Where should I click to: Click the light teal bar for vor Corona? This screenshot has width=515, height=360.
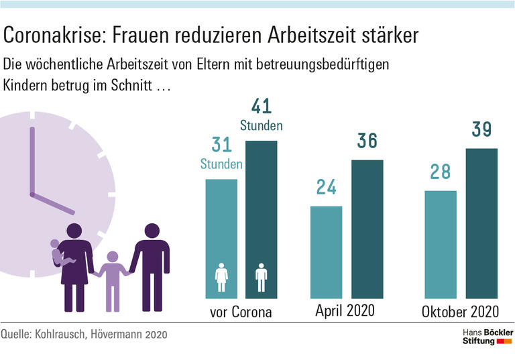(221, 238)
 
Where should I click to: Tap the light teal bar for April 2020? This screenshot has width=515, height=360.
(326, 251)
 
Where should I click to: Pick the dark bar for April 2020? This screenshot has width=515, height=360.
(367, 229)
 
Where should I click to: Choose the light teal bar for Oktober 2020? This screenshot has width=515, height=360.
(441, 244)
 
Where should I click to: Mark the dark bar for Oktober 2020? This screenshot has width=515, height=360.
(481, 223)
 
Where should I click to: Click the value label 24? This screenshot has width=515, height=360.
(326, 187)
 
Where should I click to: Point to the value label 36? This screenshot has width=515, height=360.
(367, 141)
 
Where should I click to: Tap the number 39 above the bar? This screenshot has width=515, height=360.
(481, 129)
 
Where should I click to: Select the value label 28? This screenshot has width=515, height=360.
(441, 172)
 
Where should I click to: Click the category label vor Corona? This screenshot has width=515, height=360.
(241, 312)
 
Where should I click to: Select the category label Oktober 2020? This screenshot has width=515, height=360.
(461, 312)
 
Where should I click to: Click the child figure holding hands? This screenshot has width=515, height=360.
(112, 278)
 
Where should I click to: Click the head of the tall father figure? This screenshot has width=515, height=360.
(152, 232)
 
